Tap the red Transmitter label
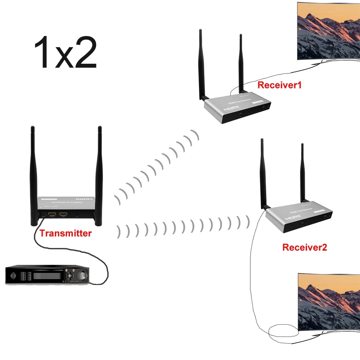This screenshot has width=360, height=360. pos(66,233)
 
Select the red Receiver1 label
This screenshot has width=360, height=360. pos(279,85)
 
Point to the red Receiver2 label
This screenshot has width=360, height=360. pos(305,247)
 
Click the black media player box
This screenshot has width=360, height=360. pos(47,275)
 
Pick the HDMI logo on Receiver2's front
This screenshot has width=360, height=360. pos(292,218)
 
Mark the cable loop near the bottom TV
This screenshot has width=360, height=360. pos(283,329)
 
